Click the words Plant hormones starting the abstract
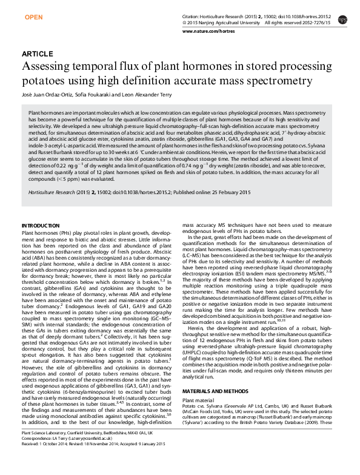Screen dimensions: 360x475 point(43,113)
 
